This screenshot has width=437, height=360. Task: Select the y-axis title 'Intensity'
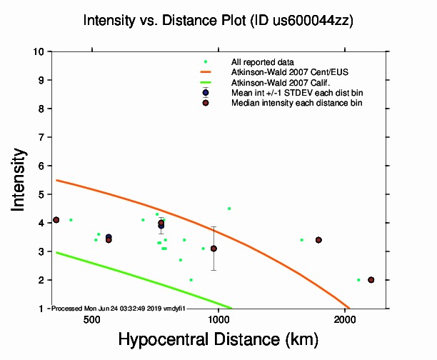click(21, 179)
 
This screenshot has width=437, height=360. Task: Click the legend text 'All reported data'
click(268, 62)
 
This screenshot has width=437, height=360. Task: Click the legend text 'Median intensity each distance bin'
click(296, 104)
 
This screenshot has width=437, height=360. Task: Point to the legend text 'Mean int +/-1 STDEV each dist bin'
click(297, 93)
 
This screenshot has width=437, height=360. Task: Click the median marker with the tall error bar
click(214, 249)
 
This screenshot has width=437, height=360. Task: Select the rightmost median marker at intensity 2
click(371, 280)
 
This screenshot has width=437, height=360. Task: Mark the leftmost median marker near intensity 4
click(56, 219)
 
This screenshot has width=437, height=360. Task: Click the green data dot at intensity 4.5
click(229, 209)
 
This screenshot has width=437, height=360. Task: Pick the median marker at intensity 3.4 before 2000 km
click(318, 240)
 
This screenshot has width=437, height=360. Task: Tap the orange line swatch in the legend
click(206, 72)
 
